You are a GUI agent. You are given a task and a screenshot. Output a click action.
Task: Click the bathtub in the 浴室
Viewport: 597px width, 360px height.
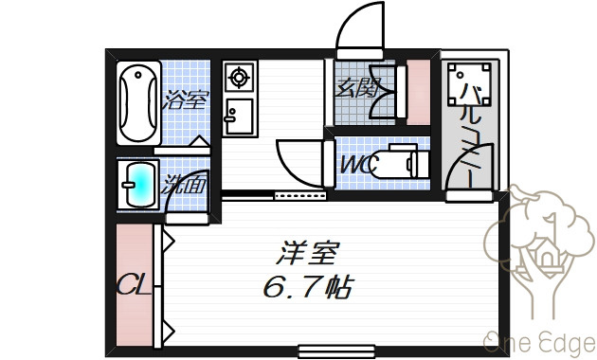[x=138, y=103]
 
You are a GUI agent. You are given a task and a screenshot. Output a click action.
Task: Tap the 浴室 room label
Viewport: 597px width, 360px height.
[x=186, y=99]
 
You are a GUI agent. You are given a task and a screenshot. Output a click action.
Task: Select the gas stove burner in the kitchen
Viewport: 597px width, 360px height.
[x=239, y=78]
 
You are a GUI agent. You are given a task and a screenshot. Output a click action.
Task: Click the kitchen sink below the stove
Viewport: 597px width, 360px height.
[x=239, y=117]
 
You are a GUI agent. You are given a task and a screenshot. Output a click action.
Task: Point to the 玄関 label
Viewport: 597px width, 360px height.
[x=356, y=88]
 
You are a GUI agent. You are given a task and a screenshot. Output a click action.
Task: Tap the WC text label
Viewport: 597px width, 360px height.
[x=359, y=165]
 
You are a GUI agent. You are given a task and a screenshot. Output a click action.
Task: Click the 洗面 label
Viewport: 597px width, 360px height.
[x=183, y=185]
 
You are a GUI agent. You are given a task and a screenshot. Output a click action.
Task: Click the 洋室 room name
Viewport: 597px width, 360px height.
[x=307, y=253]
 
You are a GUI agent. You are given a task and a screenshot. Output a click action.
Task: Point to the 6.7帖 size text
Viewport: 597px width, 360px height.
[x=308, y=286]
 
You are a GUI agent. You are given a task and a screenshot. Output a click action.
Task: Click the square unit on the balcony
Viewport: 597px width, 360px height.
[x=469, y=84]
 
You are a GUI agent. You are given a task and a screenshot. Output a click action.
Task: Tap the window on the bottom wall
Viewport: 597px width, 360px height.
[x=336, y=351]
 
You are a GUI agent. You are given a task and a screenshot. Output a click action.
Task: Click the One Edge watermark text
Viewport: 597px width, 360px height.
[x=539, y=343]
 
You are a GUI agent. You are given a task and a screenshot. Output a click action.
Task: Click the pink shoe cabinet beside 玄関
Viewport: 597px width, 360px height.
[x=418, y=92]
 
